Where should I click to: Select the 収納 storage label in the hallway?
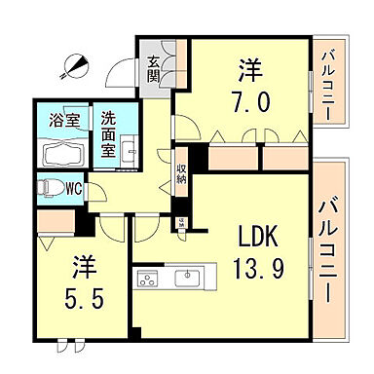[x=182, y=173]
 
